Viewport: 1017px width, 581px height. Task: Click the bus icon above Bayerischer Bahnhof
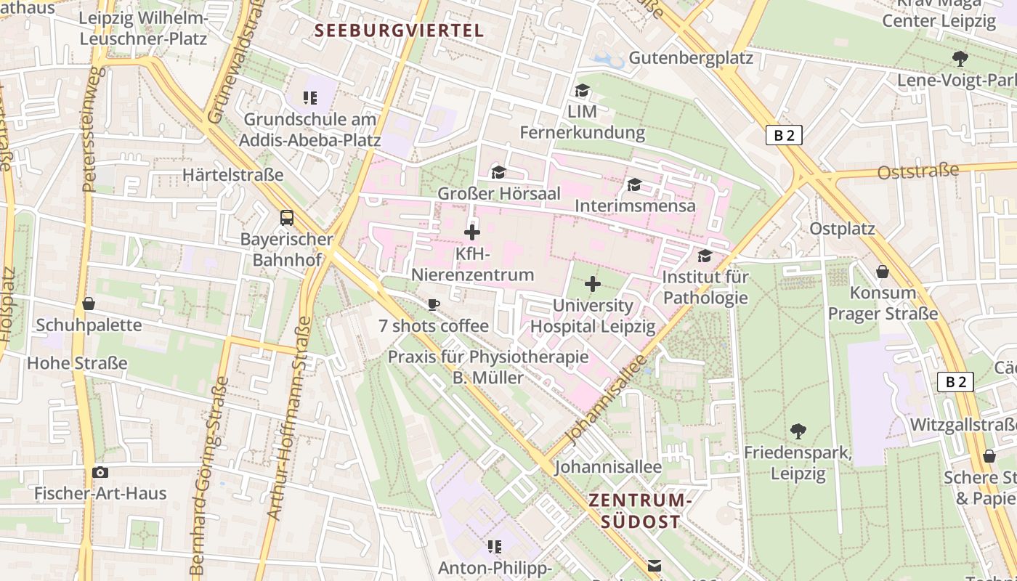287,217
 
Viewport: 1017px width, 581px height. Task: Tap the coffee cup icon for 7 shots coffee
434,304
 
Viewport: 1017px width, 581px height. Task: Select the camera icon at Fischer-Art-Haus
100,472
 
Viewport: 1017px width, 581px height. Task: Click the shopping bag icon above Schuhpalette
89,304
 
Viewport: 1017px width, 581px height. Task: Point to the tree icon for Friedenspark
798,431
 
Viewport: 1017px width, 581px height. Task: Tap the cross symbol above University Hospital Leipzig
593,284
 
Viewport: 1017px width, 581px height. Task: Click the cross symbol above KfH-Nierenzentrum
472,232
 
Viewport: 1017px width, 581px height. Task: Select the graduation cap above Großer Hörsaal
498,172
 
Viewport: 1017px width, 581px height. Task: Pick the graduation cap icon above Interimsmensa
634,184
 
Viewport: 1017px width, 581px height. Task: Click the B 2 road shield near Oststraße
784,135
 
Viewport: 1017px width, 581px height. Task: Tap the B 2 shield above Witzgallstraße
955,382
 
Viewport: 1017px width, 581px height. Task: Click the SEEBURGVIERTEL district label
400,31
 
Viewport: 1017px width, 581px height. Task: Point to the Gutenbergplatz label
691,57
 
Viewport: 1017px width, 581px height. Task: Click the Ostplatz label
843,229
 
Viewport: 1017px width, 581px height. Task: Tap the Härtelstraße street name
233,175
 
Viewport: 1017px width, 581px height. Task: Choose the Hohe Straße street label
77,362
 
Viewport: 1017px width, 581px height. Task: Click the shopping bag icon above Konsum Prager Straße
883,272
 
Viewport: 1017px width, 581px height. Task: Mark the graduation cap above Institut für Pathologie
705,256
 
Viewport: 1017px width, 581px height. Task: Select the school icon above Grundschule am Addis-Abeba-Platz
311,97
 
